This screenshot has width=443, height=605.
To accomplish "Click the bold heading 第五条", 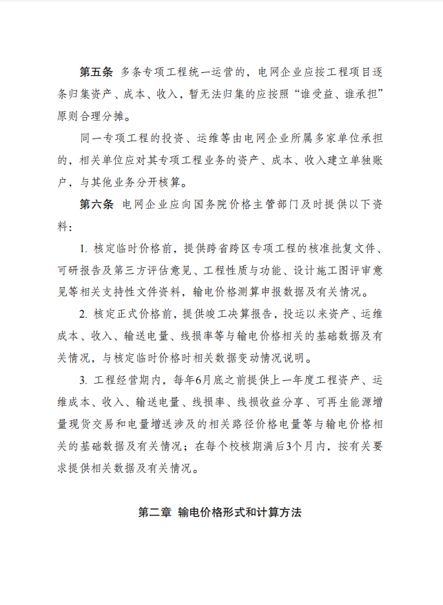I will click(96, 71).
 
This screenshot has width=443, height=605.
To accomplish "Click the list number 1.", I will click(83, 249).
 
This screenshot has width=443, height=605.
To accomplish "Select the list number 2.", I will click(83, 315).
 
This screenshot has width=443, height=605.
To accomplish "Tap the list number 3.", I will click(83, 380).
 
